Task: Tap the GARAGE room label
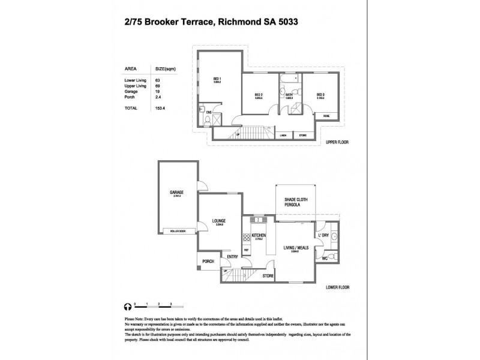click(176, 193)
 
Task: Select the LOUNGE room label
click(218, 221)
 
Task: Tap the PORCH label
click(208, 261)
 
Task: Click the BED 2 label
click(259, 95)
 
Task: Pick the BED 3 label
click(320, 95)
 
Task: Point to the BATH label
click(289, 95)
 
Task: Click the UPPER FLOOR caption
click(337, 143)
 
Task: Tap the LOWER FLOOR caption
click(337, 287)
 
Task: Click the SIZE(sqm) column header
click(165, 68)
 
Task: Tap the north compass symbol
click(127, 305)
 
